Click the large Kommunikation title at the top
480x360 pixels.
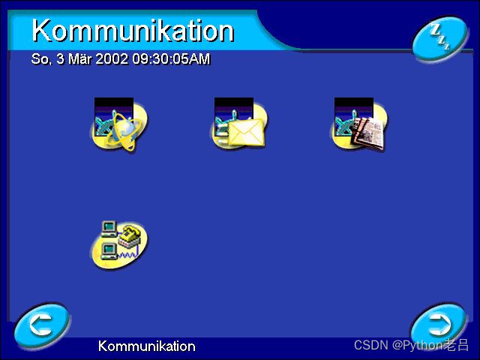tap(133, 31)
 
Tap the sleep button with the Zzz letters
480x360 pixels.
tap(439, 38)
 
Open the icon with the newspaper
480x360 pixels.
tap(359, 125)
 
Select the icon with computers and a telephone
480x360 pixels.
tap(119, 241)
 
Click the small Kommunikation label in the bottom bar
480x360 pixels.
tap(146, 346)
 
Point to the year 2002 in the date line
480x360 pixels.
tap(112, 58)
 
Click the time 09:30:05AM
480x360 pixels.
tap(171, 58)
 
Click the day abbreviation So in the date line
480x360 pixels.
tap(40, 58)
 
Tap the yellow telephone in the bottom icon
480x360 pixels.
tap(129, 233)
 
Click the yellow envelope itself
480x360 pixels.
tap(246, 133)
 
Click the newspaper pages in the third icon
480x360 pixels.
tap(367, 133)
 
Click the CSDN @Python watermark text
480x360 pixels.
tap(411, 345)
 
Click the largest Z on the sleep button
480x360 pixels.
tap(434, 31)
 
